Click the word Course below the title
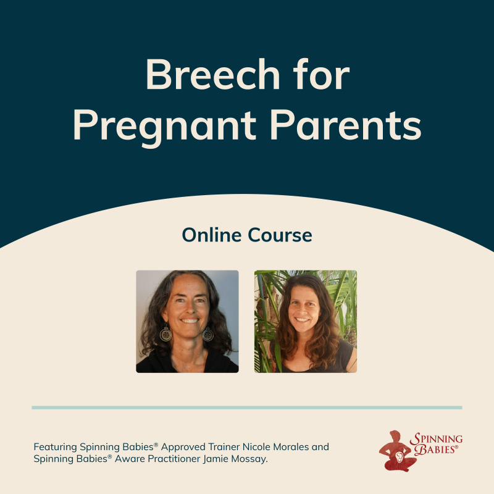click(282, 235)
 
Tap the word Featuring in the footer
click(55, 446)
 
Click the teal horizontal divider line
click(247, 408)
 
